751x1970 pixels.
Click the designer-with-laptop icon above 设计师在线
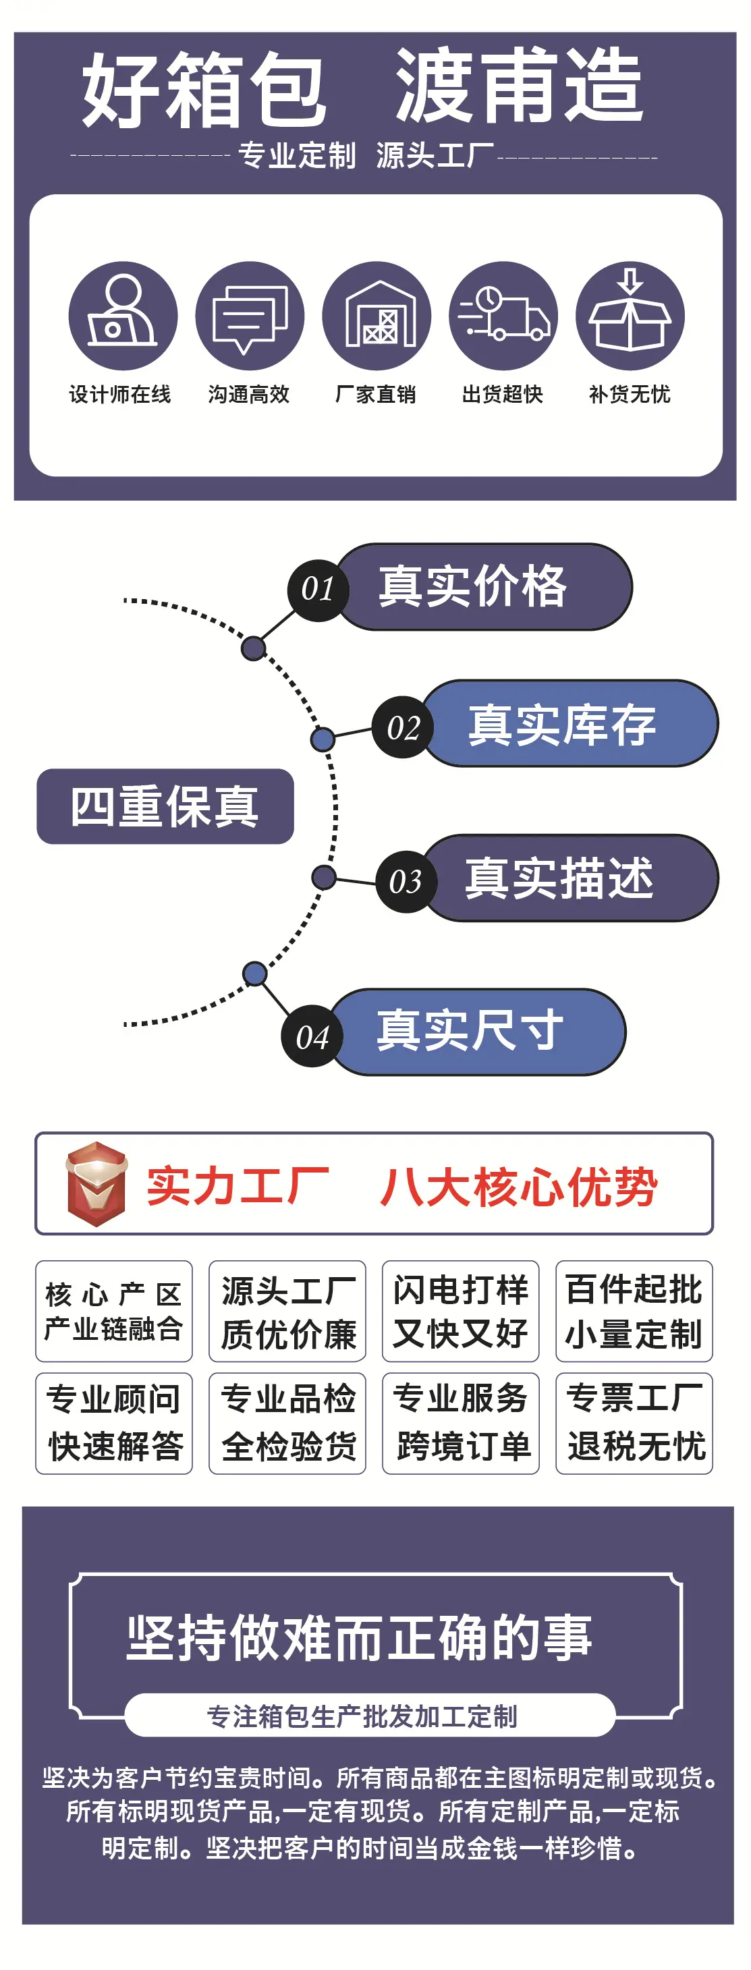point(122,316)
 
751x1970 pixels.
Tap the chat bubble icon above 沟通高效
point(249,316)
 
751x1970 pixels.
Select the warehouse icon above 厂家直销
point(377,316)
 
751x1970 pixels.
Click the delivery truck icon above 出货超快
point(503,316)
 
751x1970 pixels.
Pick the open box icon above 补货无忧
point(630,316)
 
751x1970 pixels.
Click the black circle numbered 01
point(318,590)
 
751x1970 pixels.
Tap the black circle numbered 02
point(403,727)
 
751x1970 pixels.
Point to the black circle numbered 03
point(406,882)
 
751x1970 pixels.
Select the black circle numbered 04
point(312,1036)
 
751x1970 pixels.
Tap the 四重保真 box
point(165,806)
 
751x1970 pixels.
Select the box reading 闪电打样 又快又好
point(460,1311)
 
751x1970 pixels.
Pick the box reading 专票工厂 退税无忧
point(634,1424)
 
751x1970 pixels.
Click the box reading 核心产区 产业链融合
point(114,1311)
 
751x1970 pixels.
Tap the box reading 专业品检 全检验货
point(287,1424)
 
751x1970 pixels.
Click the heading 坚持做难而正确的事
point(360,1637)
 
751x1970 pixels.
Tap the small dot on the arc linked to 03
point(325,877)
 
